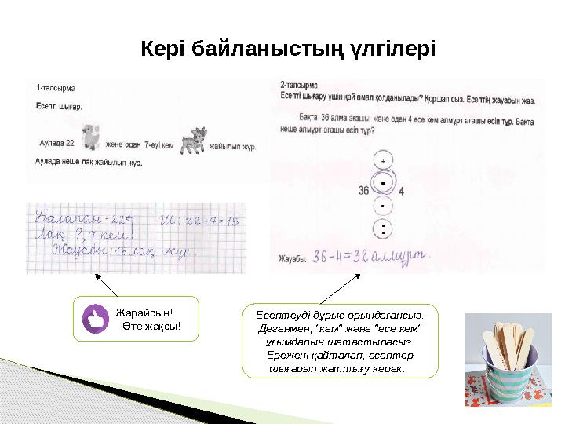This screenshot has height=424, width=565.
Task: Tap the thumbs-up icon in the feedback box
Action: coord(97,319)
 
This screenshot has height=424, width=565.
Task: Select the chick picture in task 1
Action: coord(90,137)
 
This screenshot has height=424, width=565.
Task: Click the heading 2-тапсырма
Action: coord(299,83)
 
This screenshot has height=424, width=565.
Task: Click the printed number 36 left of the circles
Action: coord(363,190)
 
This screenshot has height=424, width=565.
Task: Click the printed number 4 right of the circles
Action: coord(402,190)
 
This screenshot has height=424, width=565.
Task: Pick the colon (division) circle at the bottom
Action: coord(383,230)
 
